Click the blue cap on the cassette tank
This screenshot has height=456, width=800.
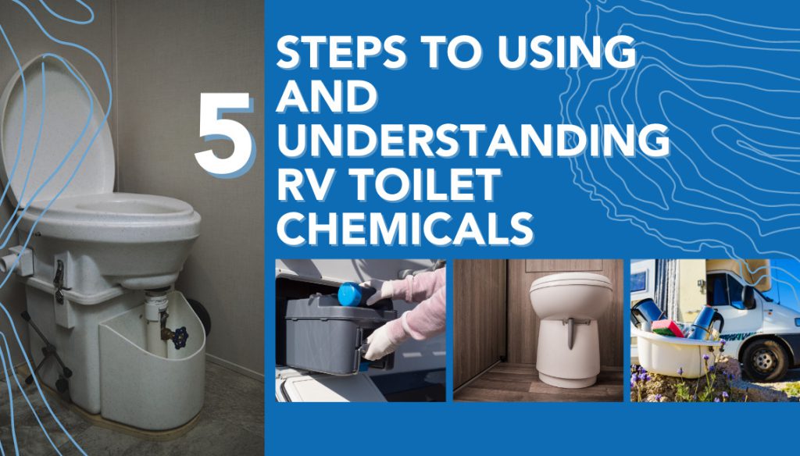350,294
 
